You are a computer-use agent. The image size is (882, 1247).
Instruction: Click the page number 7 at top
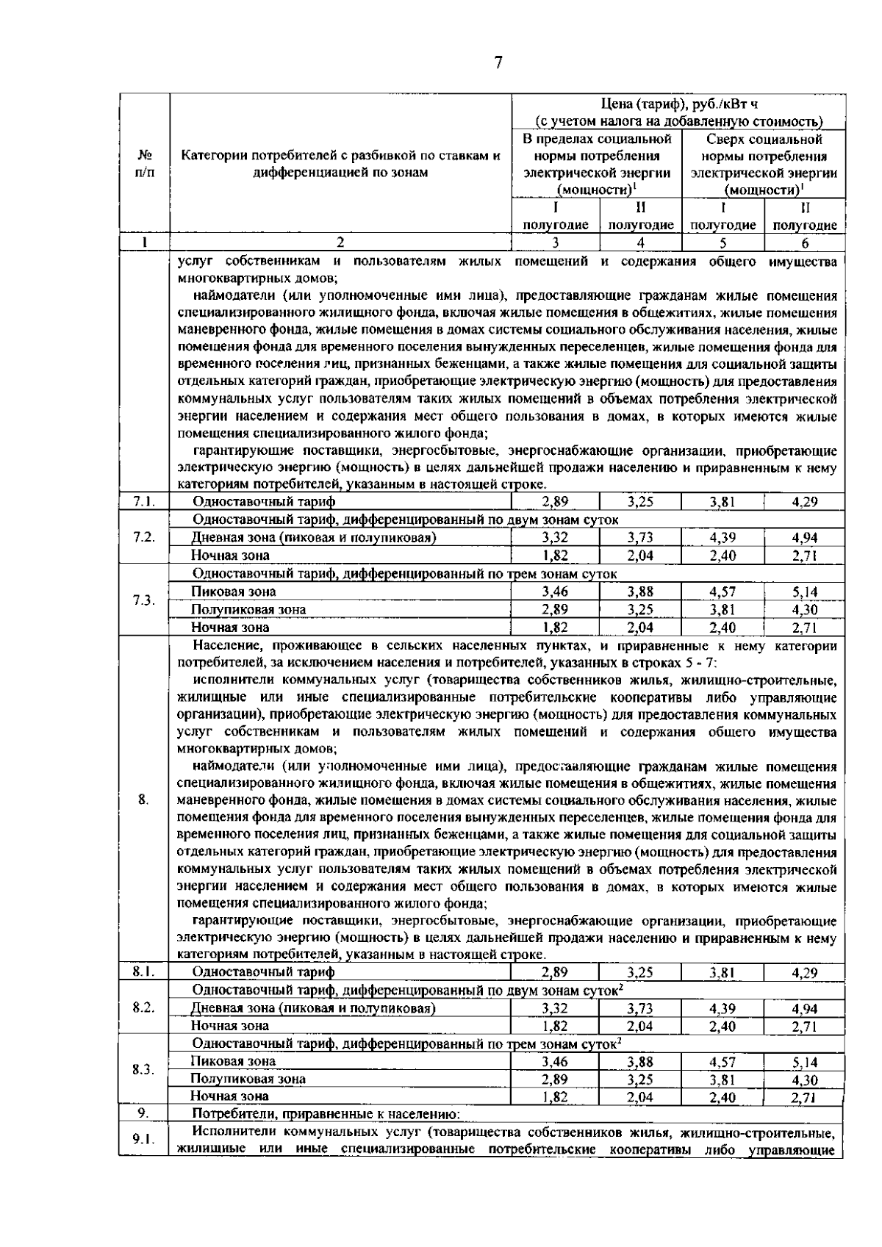point(498,62)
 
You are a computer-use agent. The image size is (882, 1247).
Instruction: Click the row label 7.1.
point(144,501)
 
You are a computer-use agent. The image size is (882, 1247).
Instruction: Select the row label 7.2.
point(144,537)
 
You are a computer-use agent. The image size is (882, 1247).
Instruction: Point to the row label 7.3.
point(144,600)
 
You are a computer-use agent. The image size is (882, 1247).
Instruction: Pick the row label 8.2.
point(144,1007)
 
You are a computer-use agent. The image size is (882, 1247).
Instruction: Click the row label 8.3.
point(144,1069)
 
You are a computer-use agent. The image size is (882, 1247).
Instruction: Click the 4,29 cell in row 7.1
point(805,502)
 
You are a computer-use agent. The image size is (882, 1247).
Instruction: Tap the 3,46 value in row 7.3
point(555,592)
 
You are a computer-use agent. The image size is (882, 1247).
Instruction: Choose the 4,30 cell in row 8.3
point(805,1080)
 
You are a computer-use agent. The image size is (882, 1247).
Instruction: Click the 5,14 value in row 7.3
point(805,592)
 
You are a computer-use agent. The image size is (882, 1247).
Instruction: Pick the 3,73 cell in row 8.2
point(640,1009)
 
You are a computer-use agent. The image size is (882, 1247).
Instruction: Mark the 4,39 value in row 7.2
point(723,538)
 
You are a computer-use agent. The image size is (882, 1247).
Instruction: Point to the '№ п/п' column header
point(144,163)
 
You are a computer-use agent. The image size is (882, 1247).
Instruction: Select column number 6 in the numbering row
point(805,243)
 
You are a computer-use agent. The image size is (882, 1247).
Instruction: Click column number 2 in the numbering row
point(340,242)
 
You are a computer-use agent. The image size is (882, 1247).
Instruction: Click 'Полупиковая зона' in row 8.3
point(248,1079)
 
